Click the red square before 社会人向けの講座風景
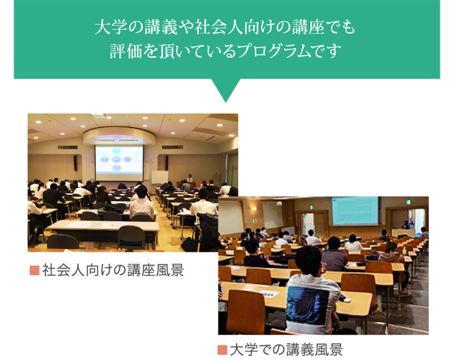click(34, 269)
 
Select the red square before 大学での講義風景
click(222, 350)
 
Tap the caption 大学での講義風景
click(286, 350)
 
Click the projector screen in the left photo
click(119, 161)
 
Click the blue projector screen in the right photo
click(355, 211)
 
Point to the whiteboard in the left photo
click(159, 178)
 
